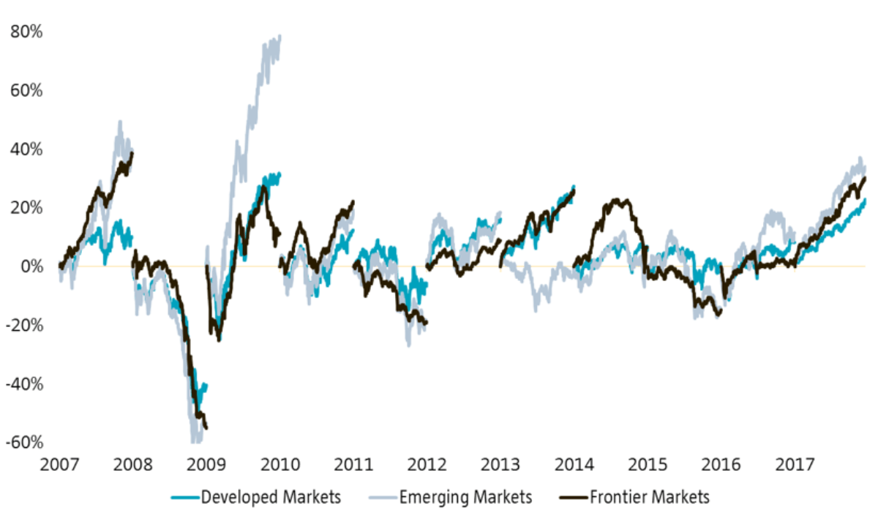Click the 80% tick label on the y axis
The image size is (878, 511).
point(27,32)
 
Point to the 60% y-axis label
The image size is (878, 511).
point(27,91)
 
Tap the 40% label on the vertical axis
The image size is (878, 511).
point(27,149)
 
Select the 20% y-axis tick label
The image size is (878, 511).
point(27,208)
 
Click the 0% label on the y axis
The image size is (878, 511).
point(31,266)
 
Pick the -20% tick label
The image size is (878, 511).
point(24,325)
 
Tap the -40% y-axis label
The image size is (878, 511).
point(24,384)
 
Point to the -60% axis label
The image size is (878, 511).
point(24,442)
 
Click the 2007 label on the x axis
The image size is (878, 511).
point(60,465)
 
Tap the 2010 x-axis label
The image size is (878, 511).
point(280,465)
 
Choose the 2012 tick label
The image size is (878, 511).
point(427,465)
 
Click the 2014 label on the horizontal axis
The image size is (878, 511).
point(574,465)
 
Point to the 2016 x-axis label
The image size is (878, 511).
point(721,465)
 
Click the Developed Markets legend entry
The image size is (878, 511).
point(270,498)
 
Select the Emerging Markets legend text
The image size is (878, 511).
point(465,498)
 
